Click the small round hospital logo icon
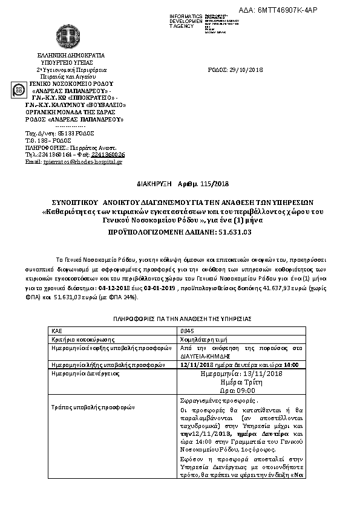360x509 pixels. pos(19,91)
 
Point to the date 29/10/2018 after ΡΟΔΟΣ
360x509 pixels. pos(243,70)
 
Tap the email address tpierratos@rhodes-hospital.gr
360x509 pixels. pos(83,161)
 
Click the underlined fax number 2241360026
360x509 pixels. pos(108,154)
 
